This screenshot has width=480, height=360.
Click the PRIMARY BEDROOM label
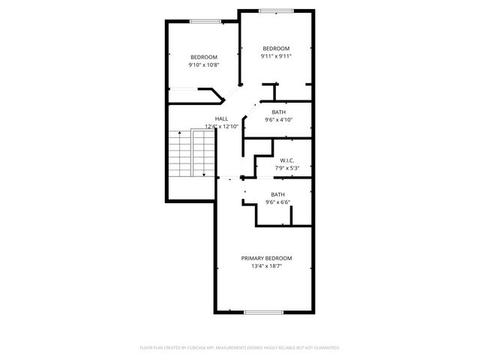coord(266,258)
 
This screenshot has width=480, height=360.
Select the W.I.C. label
coord(286,160)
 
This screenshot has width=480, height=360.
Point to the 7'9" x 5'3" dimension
coord(286,168)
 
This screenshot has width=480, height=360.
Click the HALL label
coord(221,118)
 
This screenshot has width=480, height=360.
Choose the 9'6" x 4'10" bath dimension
coord(278,119)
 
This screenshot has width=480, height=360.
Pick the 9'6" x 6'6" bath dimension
coord(278,202)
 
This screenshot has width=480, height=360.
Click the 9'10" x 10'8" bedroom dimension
coord(203,65)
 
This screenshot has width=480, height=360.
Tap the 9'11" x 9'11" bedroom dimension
coord(276,55)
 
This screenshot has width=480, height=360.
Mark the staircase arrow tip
coord(203,177)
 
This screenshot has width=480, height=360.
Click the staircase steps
coord(180,154)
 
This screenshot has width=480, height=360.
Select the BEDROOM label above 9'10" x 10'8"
coord(203,58)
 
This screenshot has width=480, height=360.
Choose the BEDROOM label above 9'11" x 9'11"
coord(276,48)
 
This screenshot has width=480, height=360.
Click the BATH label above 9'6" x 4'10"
coord(278,112)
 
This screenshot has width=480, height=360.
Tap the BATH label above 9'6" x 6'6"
coord(278,194)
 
